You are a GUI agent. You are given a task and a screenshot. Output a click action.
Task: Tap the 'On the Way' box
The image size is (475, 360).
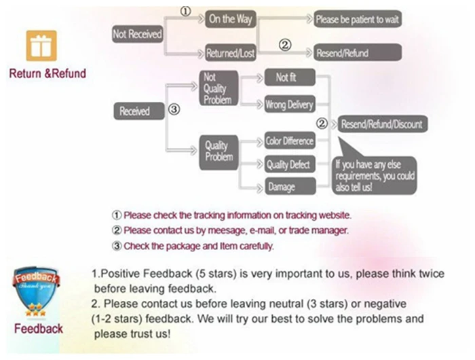[230, 19]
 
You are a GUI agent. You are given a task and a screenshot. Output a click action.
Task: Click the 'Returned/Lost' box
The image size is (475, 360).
[230, 52]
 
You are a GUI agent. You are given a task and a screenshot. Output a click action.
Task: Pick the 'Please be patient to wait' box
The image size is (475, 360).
[357, 19]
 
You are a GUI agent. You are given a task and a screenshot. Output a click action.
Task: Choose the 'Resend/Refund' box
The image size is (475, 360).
[357, 52]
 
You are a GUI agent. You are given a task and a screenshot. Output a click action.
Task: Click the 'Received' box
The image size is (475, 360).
[138, 111]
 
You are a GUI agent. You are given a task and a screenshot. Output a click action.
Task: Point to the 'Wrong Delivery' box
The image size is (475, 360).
[289, 105]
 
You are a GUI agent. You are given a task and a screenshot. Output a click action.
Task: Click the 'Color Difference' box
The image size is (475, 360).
[289, 141]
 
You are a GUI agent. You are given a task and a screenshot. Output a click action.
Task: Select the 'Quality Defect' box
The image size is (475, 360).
[289, 164]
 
